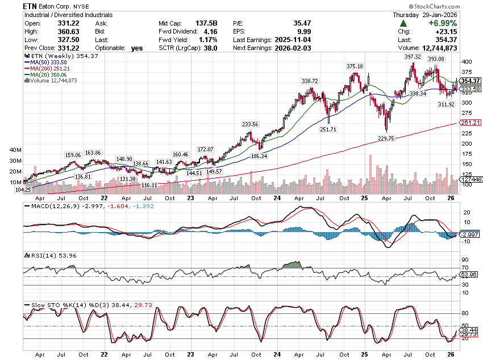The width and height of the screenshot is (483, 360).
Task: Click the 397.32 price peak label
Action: [x=413, y=57]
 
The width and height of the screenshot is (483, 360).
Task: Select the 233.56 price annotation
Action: [x=250, y=124]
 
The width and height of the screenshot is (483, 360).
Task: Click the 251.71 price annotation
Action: [x=328, y=129]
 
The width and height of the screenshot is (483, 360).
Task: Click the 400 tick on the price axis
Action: [x=467, y=61]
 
